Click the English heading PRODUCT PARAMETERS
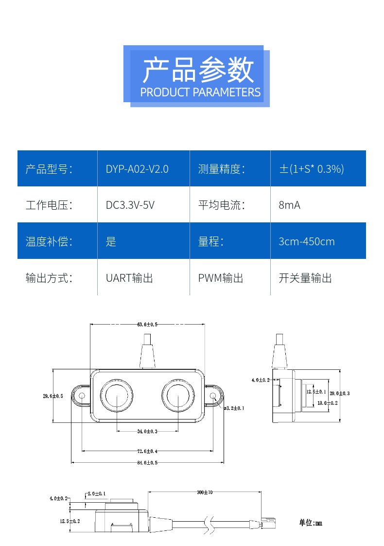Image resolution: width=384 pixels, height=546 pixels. (200, 92)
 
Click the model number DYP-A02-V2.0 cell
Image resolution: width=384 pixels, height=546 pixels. (137, 169)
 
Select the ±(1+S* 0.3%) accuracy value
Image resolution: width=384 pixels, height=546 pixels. (311, 169)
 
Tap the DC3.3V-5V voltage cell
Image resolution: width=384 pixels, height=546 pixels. (130, 205)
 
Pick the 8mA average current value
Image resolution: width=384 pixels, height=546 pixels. (289, 205)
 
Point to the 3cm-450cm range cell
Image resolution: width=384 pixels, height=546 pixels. (306, 241)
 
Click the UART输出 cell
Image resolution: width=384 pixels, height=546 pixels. (129, 278)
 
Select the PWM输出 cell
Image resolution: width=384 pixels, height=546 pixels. (220, 278)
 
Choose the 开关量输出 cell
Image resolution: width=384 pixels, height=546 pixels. (305, 278)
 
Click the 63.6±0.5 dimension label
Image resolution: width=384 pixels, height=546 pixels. (147, 324)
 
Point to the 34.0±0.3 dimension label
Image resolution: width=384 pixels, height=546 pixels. (147, 431)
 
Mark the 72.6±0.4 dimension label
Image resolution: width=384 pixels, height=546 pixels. (147, 452)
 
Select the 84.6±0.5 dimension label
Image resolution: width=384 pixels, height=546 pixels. (147, 463)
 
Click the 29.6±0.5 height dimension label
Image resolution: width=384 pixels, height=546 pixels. (53, 396)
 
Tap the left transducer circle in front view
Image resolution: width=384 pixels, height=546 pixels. (116, 395)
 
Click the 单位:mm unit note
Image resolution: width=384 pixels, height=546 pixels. (310, 523)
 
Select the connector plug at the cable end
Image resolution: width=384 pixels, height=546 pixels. (267, 524)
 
